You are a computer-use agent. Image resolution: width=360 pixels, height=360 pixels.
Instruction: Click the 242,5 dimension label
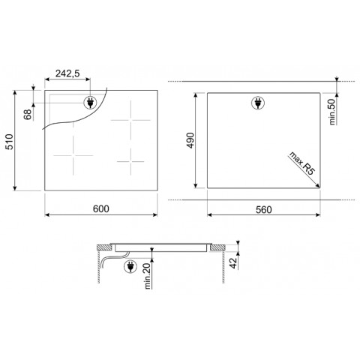[x=67, y=73]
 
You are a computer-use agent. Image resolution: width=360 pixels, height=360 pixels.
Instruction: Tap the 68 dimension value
[x=28, y=115]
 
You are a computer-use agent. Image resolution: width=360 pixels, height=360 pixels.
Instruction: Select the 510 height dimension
[x=10, y=142]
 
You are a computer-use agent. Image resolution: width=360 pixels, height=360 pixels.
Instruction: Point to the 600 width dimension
[x=101, y=208]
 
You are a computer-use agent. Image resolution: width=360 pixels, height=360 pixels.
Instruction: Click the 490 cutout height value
[x=190, y=140]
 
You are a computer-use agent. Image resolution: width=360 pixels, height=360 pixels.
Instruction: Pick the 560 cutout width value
[x=264, y=209]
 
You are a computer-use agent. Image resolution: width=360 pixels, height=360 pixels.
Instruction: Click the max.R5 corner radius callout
[x=301, y=163]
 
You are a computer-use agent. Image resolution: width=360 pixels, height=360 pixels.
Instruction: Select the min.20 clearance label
[x=148, y=276]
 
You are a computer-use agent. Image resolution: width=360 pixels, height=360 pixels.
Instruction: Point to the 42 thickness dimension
[x=233, y=263]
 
